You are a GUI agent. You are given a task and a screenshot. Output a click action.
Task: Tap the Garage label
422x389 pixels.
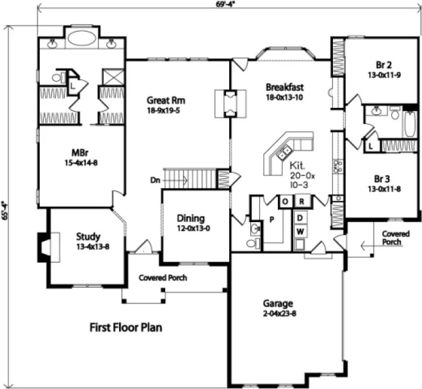[x=277, y=303]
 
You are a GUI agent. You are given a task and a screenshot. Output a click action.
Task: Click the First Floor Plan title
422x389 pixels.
[x=125, y=327]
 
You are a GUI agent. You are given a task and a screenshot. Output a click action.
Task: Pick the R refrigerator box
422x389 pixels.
[x=301, y=202]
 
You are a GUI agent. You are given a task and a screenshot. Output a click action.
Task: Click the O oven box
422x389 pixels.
[x=285, y=202]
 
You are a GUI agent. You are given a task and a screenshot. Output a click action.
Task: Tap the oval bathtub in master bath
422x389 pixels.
[x=82, y=38]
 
